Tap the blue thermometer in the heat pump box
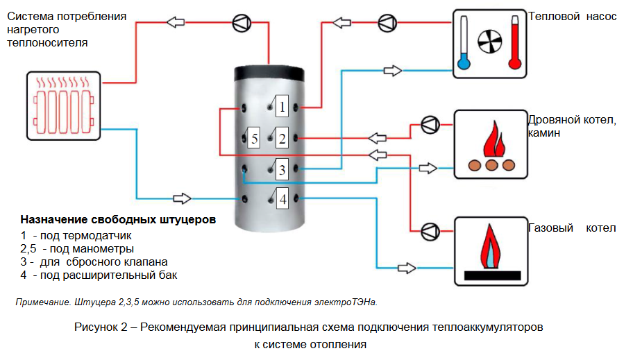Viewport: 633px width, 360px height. [x=464, y=44]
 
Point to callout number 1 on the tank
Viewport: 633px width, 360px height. [x=282, y=107]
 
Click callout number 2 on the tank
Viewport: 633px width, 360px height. [x=282, y=139]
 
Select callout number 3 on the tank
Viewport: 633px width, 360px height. [x=282, y=169]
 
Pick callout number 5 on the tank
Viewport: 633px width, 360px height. [x=254, y=139]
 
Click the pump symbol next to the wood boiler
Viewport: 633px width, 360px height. [x=430, y=125]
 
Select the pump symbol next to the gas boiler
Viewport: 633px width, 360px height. [x=430, y=229]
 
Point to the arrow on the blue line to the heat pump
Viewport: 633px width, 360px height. [x=393, y=70]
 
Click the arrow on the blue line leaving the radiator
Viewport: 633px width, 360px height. [x=183, y=198]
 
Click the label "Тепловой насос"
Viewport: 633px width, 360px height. [x=572, y=16]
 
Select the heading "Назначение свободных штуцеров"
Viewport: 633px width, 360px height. [x=118, y=220]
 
